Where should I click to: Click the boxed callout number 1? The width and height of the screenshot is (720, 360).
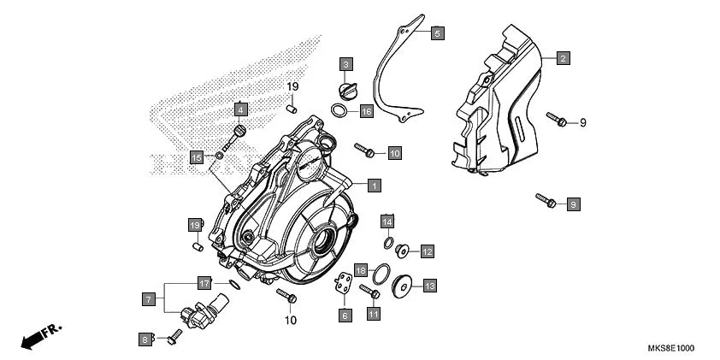[x=374, y=185]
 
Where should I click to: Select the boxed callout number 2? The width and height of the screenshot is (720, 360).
[x=563, y=58]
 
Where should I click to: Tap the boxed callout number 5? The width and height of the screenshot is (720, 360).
[x=436, y=34]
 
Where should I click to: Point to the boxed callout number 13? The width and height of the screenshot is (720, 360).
[x=429, y=285]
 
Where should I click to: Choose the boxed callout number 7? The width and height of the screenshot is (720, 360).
[x=148, y=299]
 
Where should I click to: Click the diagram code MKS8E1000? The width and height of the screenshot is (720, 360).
[x=670, y=349]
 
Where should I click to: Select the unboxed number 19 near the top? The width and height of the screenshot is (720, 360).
[x=292, y=87]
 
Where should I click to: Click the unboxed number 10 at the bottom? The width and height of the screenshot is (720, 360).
[x=290, y=321]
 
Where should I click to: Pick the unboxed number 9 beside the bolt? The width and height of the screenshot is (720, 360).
[x=583, y=123]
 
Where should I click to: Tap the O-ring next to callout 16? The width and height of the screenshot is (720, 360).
[x=340, y=111]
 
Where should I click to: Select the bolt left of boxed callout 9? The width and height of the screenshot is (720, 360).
[x=546, y=201]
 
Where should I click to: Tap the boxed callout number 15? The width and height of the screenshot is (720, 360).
[x=197, y=158]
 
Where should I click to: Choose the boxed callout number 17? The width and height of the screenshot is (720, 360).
[x=204, y=283]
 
